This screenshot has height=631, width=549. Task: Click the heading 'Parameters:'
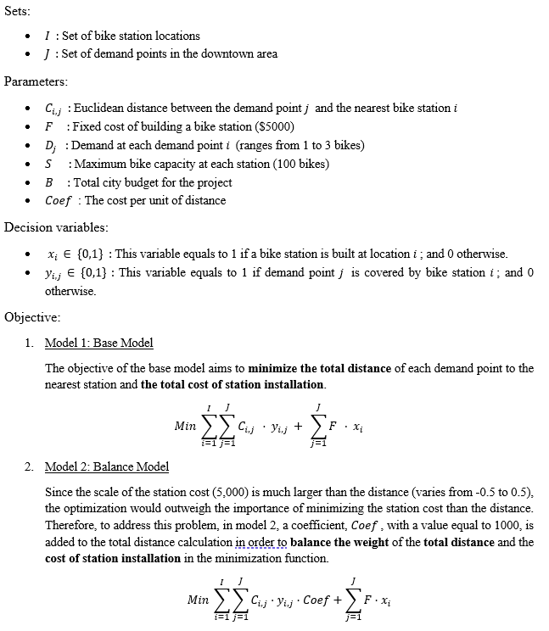click(x=36, y=81)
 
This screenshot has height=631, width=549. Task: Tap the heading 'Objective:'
click(x=31, y=317)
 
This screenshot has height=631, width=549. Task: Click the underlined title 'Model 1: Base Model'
click(x=98, y=343)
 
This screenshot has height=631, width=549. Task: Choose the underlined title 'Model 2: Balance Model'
click(x=107, y=466)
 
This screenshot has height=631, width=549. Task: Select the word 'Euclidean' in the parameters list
click(x=100, y=108)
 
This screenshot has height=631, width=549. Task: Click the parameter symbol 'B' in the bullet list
click(x=49, y=182)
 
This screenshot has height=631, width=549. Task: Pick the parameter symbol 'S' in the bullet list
click(x=49, y=164)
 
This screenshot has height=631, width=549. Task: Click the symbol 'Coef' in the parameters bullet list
click(x=59, y=201)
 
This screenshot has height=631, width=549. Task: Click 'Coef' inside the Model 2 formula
click(x=317, y=600)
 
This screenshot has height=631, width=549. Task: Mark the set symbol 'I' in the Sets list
click(x=48, y=36)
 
